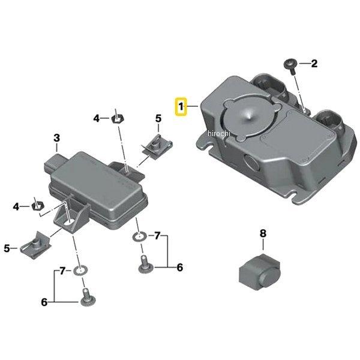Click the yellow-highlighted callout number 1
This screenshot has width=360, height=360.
click(x=181, y=107)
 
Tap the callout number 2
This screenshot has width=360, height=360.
click(x=314, y=64)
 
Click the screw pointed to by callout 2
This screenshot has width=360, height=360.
click(x=290, y=66)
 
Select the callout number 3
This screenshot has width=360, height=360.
click(x=57, y=138)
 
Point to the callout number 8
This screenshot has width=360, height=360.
click(x=263, y=233)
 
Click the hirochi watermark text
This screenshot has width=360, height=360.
click(x=218, y=133)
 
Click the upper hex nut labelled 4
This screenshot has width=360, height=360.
click(x=118, y=119)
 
